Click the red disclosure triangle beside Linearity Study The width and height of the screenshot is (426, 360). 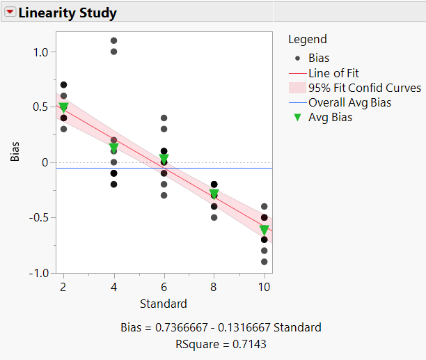coord(10,13)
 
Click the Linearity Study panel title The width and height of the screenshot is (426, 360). coord(68,13)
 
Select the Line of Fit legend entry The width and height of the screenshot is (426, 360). coord(333,73)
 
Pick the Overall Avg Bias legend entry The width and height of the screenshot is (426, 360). coord(349,102)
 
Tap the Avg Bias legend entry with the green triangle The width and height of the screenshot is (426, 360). coord(330,117)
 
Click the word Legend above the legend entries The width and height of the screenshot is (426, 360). coord(307,40)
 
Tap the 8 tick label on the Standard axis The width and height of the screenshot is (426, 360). coord(214,288)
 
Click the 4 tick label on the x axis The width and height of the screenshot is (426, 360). coord(113,288)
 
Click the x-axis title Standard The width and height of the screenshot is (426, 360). coord(164,304)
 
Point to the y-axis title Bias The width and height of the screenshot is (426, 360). coord(15,151)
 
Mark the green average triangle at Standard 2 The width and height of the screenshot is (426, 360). coord(63,107)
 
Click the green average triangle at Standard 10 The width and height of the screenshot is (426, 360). coord(264,230)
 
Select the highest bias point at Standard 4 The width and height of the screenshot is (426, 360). coord(113,40)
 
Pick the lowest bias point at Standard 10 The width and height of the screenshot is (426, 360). coord(264,262)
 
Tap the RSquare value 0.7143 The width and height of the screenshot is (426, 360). coord(248,343)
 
